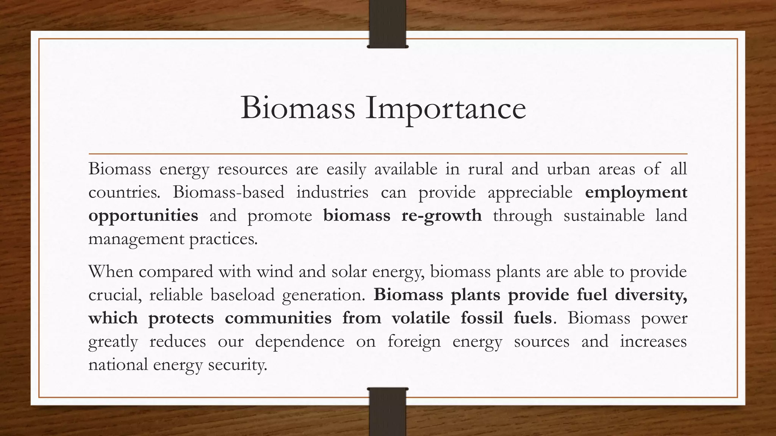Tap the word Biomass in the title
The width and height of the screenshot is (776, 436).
(x=298, y=108)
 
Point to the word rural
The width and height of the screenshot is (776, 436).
(x=485, y=169)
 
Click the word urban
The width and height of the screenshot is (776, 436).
(x=568, y=169)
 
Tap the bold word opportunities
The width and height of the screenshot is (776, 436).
(x=143, y=216)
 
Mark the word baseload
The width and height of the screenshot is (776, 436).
(x=242, y=295)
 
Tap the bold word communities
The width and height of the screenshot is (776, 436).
(x=278, y=318)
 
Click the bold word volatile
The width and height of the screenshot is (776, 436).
(x=421, y=318)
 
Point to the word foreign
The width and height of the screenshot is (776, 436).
(x=414, y=342)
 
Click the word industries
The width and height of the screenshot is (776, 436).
(x=332, y=193)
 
